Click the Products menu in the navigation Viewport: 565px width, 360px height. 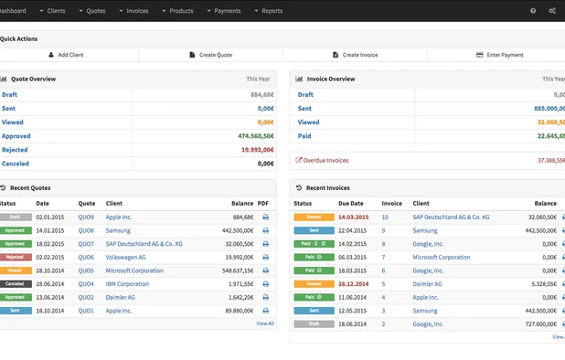pyautogui.click(x=180, y=11)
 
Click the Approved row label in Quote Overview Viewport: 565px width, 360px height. pyautogui.click(x=16, y=135)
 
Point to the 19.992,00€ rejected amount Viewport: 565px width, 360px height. pyautogui.click(x=257, y=149)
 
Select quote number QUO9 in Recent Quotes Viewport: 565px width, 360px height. pyautogui.click(x=86, y=217)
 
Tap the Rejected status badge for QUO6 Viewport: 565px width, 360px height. pyautogui.click(x=16, y=258)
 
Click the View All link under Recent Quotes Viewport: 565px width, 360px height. pyautogui.click(x=264, y=323)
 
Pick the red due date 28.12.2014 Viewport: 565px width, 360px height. pyautogui.click(x=353, y=284)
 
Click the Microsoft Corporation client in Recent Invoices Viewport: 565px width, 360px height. pyautogui.click(x=441, y=258)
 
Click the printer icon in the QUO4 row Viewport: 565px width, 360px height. pyautogui.click(x=265, y=284)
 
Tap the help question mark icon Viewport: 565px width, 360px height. pyautogui.click(x=533, y=11)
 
